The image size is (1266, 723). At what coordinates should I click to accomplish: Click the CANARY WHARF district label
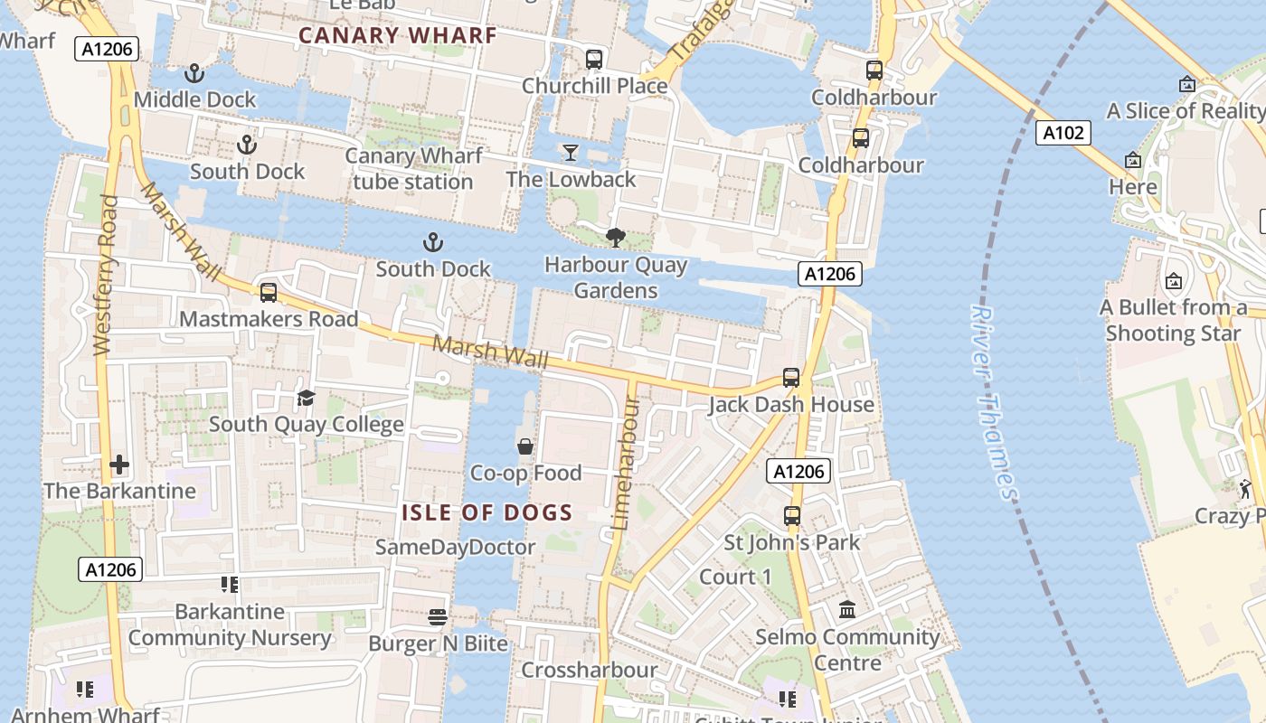[x=398, y=36]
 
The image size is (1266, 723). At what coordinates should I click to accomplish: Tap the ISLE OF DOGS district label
[x=487, y=513]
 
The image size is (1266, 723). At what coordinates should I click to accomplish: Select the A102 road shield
[x=1063, y=134]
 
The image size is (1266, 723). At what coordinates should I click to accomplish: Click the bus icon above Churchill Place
[x=594, y=60]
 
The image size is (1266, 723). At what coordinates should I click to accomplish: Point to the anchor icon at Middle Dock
[x=194, y=73]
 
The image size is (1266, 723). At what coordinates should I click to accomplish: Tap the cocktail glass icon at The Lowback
[x=571, y=152]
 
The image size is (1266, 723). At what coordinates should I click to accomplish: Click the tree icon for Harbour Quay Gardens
[x=616, y=239]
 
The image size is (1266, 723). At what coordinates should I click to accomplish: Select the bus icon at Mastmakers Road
[x=269, y=293]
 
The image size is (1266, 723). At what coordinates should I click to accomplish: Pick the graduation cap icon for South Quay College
[x=307, y=398]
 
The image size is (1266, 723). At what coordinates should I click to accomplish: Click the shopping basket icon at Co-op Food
[x=525, y=446]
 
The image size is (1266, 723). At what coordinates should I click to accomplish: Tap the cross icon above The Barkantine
[x=119, y=465]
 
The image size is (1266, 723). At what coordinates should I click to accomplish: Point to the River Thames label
[x=993, y=402]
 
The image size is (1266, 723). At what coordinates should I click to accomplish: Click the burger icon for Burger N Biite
[x=438, y=617]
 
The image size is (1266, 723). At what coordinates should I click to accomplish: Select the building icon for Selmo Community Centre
[x=847, y=610]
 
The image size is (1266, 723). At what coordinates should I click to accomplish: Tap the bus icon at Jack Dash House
[x=791, y=378]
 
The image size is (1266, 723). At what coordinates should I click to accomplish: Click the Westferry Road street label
[x=105, y=276]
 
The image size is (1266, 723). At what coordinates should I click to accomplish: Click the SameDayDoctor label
[x=455, y=547]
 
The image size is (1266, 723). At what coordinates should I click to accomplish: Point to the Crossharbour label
[x=589, y=670]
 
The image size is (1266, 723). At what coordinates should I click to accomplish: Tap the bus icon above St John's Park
[x=792, y=516]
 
